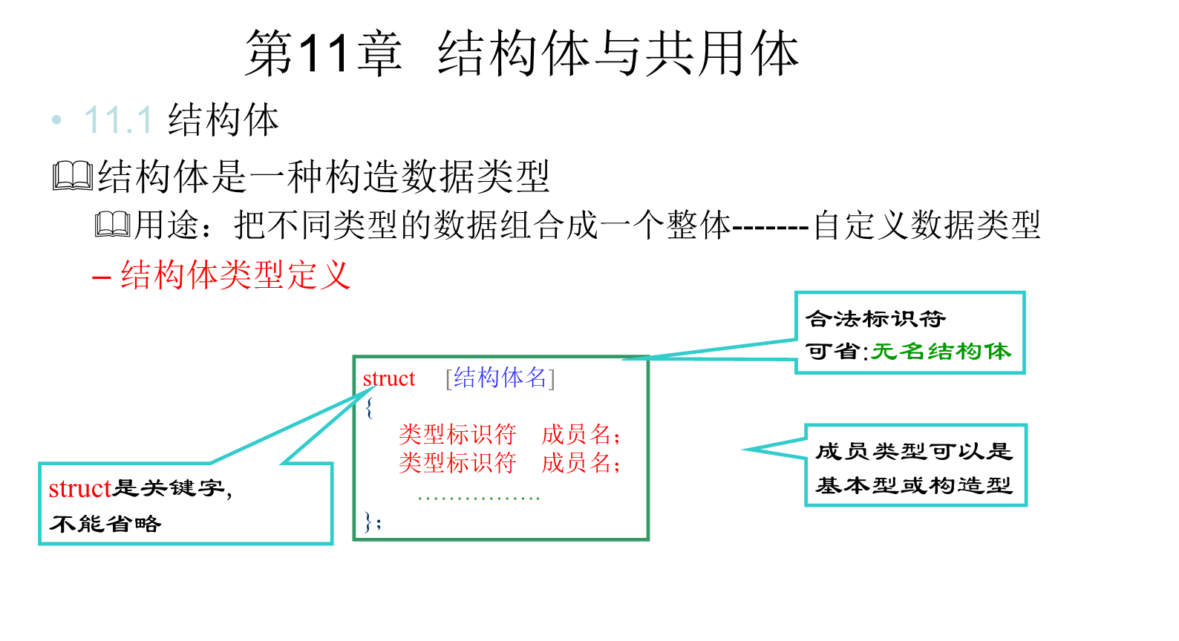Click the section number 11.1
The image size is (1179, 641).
click(119, 120)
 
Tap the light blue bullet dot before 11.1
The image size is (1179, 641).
click(57, 119)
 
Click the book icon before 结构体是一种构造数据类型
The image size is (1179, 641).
click(73, 177)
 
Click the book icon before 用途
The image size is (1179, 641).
click(113, 224)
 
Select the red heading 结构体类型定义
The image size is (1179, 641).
click(235, 275)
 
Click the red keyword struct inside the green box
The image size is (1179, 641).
click(388, 379)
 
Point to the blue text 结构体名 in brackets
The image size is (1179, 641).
click(500, 378)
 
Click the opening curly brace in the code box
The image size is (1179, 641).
click(369, 407)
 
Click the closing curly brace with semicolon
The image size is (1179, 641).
click(372, 522)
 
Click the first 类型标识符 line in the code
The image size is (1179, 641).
click(457, 434)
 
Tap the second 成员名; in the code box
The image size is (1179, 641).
click(581, 463)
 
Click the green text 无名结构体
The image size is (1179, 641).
click(941, 351)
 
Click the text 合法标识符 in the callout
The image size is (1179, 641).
click(876, 319)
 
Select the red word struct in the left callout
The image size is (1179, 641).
click(79, 489)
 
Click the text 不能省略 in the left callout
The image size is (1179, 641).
click(105, 524)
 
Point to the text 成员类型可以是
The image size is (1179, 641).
click(914, 451)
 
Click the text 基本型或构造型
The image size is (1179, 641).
click(914, 486)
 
